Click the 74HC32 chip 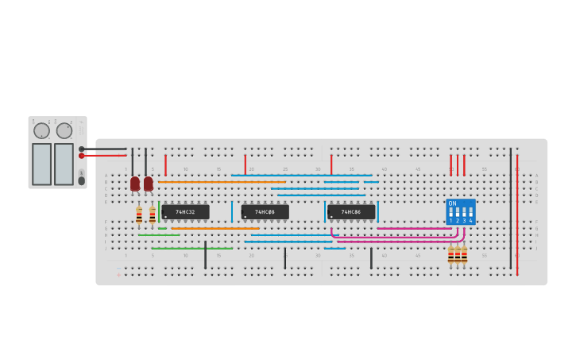pyautogui.click(x=185, y=212)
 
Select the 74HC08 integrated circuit pyautogui.click(x=265, y=212)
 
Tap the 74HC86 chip pyautogui.click(x=350, y=212)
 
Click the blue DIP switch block pyautogui.click(x=461, y=211)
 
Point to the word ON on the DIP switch pyautogui.click(x=453, y=204)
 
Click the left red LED pyautogui.click(x=135, y=184)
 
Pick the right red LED pyautogui.click(x=148, y=184)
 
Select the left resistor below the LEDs pyautogui.click(x=139, y=215)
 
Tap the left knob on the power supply pyautogui.click(x=41, y=130)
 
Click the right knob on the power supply pyautogui.click(x=64, y=130)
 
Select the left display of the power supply pyautogui.click(x=41, y=164)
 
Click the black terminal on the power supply pyautogui.click(x=82, y=149)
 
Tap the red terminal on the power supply pyautogui.click(x=82, y=156)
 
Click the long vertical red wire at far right pyautogui.click(x=517, y=215)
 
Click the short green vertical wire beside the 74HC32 pyautogui.click(x=159, y=211)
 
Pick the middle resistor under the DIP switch pyautogui.click(x=458, y=255)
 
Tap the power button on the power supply pyautogui.click(x=81, y=180)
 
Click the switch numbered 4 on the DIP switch pyautogui.click(x=470, y=213)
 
